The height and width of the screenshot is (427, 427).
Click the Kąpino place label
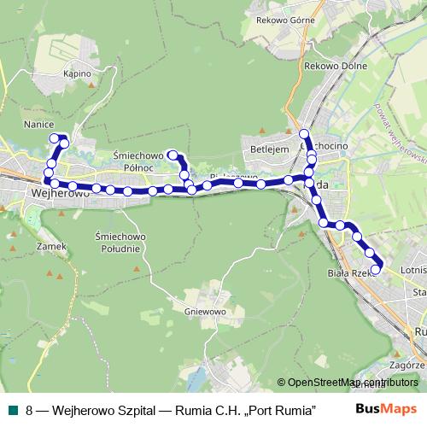coord(77,74)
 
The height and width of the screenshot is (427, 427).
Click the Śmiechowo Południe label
coord(119,242)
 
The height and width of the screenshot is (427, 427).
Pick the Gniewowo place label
coord(204,312)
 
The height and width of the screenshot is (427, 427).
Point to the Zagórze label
coord(408,362)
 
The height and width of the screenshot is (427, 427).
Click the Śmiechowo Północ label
coord(137,161)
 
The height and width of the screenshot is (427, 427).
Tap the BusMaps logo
coord(386,409)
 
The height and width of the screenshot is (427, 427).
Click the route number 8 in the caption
coord(29,409)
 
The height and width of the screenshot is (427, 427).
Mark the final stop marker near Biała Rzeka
coord(376,270)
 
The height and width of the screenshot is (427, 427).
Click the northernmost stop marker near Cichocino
coord(304,133)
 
